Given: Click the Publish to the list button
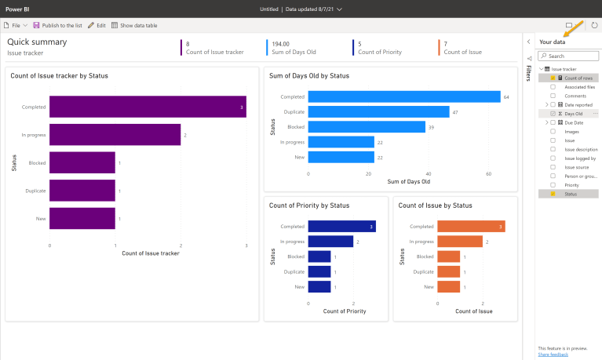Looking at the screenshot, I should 57,25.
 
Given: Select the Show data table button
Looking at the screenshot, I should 134,25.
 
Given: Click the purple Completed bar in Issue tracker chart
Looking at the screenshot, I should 148,107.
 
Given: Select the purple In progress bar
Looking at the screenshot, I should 115,135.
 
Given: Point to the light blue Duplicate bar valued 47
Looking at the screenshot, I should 378,112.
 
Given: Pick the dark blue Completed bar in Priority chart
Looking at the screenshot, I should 341,227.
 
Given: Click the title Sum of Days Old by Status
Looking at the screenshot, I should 309,76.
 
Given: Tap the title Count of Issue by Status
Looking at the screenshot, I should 435,205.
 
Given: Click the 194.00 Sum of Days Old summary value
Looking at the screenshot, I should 280,45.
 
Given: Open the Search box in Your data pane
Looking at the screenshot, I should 570,56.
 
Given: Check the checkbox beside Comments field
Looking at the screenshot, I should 553,96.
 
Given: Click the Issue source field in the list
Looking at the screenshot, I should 577,167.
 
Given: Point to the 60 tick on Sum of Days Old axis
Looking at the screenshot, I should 489,174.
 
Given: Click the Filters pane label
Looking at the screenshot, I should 528,74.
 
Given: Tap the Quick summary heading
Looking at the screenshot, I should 37,42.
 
